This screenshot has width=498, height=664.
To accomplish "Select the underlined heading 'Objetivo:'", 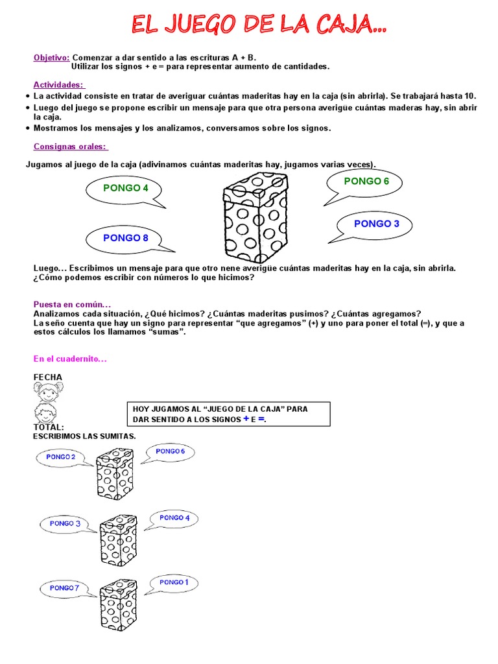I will (52, 57).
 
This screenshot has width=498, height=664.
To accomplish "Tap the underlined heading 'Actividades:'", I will (59, 84).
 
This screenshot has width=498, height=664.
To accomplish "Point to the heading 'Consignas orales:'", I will (71, 146).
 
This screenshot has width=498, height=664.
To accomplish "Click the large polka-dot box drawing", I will (254, 215).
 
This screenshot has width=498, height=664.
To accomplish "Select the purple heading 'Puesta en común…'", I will (72, 304).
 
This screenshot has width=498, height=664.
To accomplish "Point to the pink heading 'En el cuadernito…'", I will (69, 359).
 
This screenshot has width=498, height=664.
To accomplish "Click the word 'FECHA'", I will (48, 377).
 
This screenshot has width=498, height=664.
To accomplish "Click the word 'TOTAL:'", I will (49, 427).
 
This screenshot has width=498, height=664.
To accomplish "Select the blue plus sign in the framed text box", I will (246, 419).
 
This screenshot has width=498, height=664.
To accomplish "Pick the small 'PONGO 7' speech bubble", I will (64, 588).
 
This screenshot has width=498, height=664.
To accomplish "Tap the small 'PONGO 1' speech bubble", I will (174, 582).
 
